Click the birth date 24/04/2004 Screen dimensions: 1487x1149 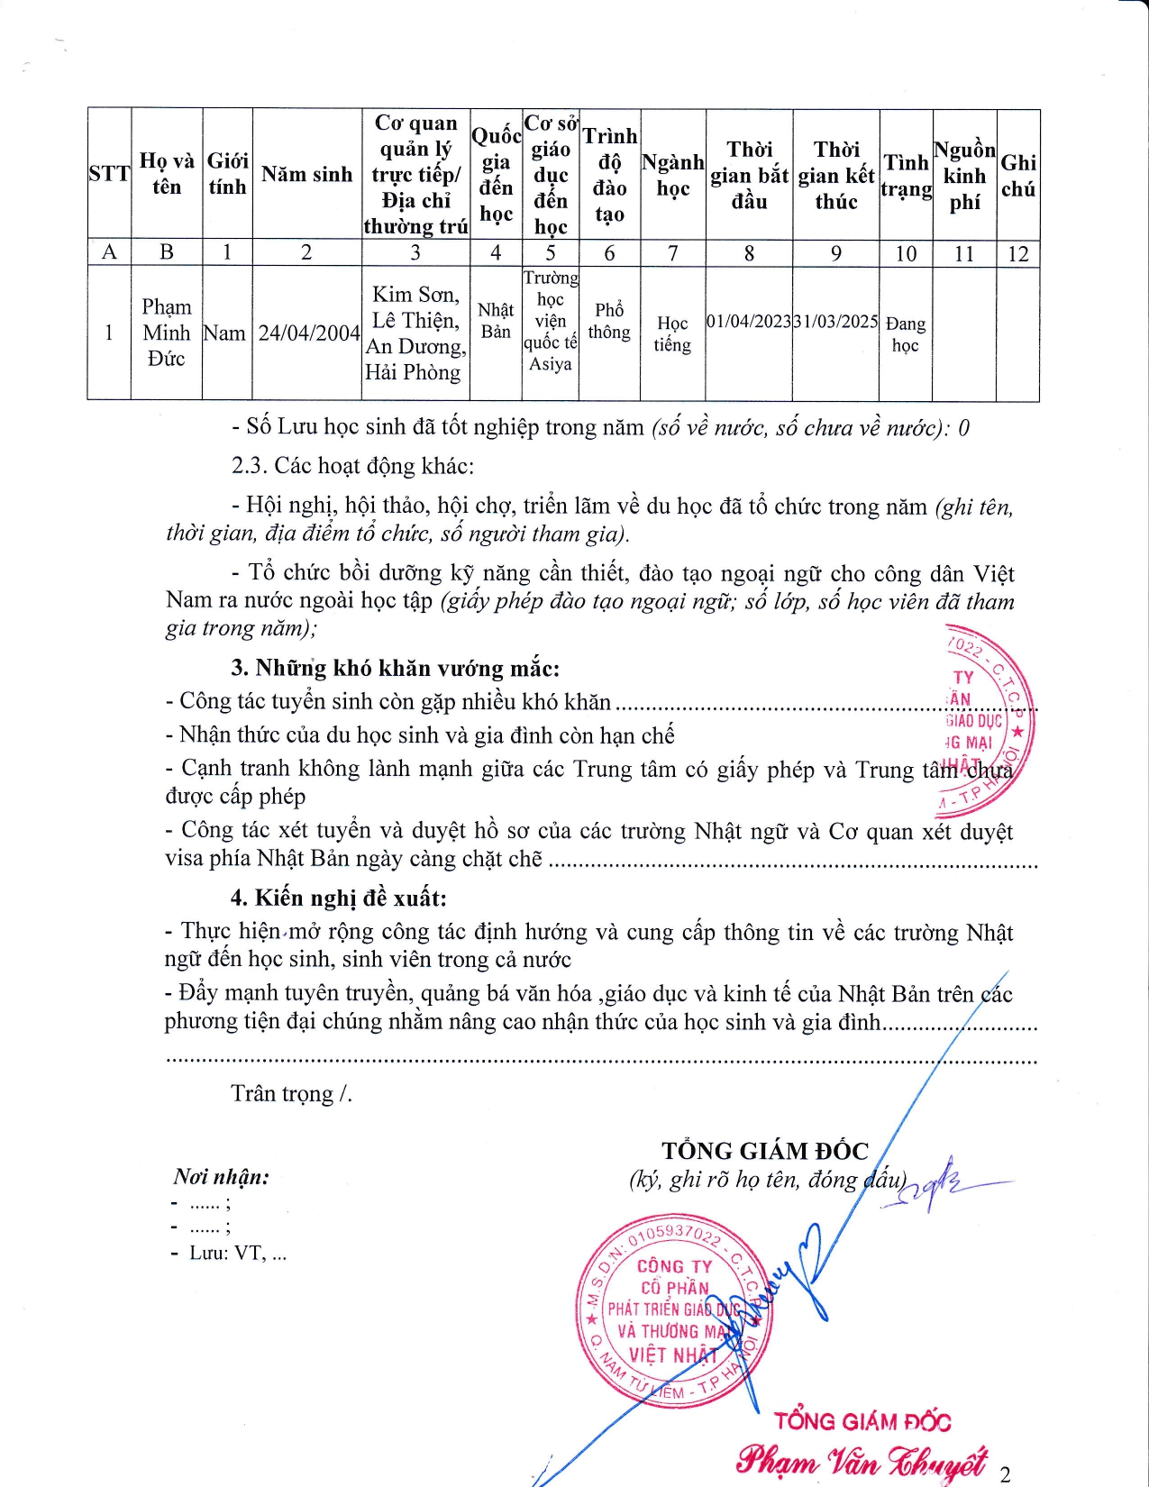coord(308,333)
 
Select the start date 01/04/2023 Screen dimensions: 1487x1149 coord(749,322)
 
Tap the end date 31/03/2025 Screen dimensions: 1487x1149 coord(835,322)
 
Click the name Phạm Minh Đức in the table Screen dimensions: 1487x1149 coord(167,333)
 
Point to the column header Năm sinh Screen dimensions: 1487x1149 coord(306,174)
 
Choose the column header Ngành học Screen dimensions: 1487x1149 coord(672,175)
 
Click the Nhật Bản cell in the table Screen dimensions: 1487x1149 coord(496,321)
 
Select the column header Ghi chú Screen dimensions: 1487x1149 coord(1018,175)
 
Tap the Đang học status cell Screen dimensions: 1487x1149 coord(905,333)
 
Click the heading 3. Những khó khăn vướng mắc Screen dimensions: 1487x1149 coord(395,668)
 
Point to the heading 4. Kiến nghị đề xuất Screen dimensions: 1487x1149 coord(338,898)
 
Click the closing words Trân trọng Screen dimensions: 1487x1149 coord(290,1093)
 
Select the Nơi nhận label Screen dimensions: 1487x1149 coord(221,1176)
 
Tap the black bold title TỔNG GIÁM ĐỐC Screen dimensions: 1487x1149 coord(765,1151)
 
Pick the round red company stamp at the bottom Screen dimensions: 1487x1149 coord(674,1309)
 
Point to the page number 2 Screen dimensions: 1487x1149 coord(1005,1474)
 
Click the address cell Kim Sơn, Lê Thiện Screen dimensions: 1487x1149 coord(415,333)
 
